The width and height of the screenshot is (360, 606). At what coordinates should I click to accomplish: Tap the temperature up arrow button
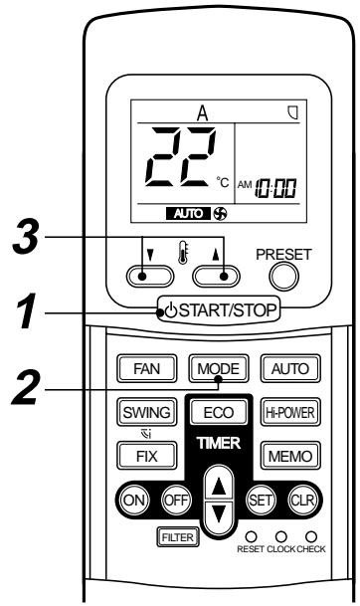218,279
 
